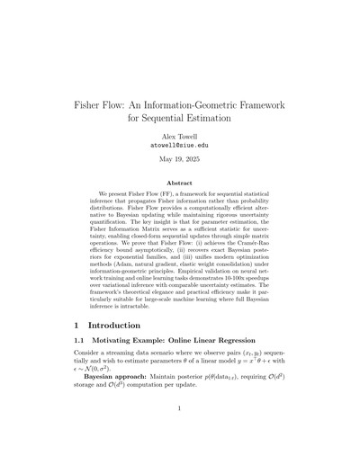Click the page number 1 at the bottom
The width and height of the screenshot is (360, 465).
point(180,434)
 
